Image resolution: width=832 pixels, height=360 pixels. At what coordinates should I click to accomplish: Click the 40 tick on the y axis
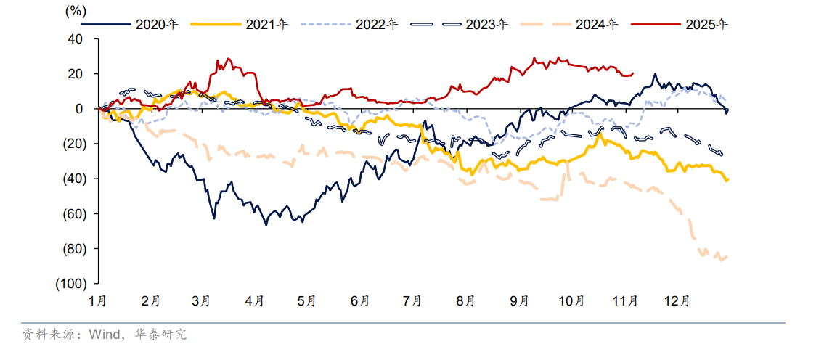pyautogui.click(x=75, y=39)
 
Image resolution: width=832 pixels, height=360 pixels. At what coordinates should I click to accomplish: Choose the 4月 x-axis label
pyautogui.click(x=255, y=300)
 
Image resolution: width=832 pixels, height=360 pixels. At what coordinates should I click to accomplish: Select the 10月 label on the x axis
pyautogui.click(x=572, y=300)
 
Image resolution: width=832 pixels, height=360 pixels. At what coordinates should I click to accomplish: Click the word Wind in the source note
pyautogui.click(x=104, y=335)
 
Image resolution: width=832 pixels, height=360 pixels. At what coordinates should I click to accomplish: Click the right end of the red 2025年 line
pyautogui.click(x=633, y=73)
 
